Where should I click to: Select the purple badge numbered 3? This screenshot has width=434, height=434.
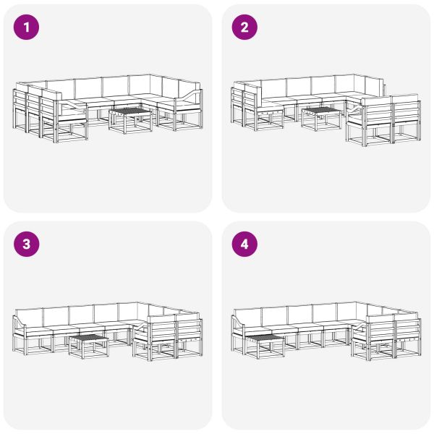(27, 244)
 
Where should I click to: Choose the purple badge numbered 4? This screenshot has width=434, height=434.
(244, 244)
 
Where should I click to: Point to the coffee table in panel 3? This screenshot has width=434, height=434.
(88, 344)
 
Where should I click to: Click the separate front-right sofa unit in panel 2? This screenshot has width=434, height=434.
(383, 119)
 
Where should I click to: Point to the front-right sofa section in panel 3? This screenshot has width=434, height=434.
(166, 336)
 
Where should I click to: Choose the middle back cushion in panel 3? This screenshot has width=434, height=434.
(81, 314)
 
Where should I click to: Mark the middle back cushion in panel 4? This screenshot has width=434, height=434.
(299, 314)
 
